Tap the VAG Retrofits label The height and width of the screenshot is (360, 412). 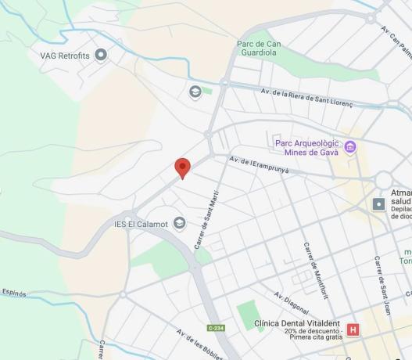click(66, 56)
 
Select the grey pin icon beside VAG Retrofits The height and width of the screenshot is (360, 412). click(100, 55)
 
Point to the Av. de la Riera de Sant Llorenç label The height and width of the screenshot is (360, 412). click(307, 98)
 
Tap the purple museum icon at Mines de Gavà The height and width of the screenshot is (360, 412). click(349, 146)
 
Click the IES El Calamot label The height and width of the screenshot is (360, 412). click(141, 224)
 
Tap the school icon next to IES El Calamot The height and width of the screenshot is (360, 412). click(179, 224)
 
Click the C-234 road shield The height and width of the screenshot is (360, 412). click(217, 327)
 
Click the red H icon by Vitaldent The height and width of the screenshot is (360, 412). click(353, 329)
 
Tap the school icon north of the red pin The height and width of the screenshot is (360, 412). click(195, 92)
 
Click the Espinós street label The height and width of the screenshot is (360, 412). click(13, 293)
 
